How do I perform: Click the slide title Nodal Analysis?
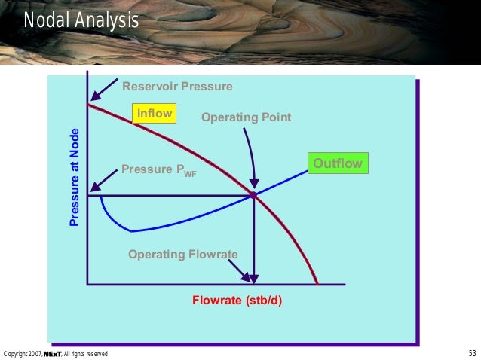(81, 20)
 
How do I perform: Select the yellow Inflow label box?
(154, 114)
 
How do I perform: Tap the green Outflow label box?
(338, 164)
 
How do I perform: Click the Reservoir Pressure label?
(177, 87)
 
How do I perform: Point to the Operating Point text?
(246, 118)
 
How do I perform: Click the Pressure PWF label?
(158, 170)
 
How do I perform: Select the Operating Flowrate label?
(182, 255)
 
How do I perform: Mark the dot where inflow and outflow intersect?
(253, 195)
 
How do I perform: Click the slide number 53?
(472, 353)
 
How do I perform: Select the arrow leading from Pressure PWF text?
(104, 180)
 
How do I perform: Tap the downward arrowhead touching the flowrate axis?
(253, 279)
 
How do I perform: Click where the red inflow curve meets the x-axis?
(317, 284)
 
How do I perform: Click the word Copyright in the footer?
(17, 353)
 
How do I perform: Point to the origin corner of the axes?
(87, 284)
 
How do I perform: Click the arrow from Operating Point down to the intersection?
(252, 158)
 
